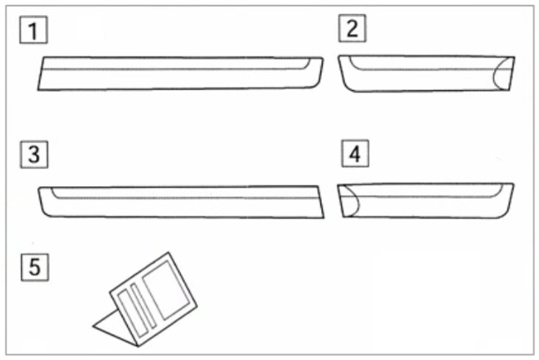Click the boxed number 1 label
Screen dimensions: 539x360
pos(34,30)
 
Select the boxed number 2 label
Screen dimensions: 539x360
pos(352,28)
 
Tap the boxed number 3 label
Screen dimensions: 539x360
pos(34,154)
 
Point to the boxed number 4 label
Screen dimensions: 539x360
pos(356,154)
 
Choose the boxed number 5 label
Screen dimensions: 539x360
pos(34,267)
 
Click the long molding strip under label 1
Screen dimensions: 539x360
pos(181,73)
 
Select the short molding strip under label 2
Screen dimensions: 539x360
pos(426,73)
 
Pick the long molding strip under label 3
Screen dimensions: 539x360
pos(181,202)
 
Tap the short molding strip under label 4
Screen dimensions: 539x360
pos(425,200)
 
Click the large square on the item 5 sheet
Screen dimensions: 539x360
pos(167,290)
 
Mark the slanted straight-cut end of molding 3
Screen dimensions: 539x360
pos(321,202)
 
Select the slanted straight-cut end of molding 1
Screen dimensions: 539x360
pos(41,73)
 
